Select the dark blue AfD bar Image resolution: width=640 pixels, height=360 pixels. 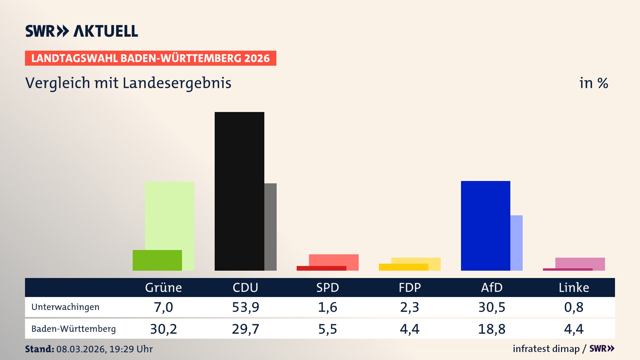point(485,226)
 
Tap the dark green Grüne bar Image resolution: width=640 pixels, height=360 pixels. point(157,260)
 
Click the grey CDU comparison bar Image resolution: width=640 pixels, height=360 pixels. point(270,227)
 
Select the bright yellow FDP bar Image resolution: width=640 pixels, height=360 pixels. point(403,267)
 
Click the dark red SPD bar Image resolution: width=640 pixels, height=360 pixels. point(321,268)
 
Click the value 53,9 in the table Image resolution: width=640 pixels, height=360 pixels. point(245,307)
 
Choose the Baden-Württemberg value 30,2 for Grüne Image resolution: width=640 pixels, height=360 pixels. point(163,329)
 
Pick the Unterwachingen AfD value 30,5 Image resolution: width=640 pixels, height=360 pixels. point(492,307)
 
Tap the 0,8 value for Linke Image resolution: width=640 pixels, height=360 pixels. point(574,307)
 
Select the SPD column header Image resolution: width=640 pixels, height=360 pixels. point(327,287)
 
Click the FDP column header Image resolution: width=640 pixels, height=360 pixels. point(410,287)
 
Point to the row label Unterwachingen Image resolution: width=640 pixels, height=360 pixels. point(65,307)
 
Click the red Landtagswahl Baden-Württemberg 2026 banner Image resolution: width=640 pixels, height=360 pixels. point(150,58)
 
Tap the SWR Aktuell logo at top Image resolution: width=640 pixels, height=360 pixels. point(81,31)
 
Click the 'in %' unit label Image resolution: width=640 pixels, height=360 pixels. point(593,83)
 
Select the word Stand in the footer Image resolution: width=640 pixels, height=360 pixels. point(39,349)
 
